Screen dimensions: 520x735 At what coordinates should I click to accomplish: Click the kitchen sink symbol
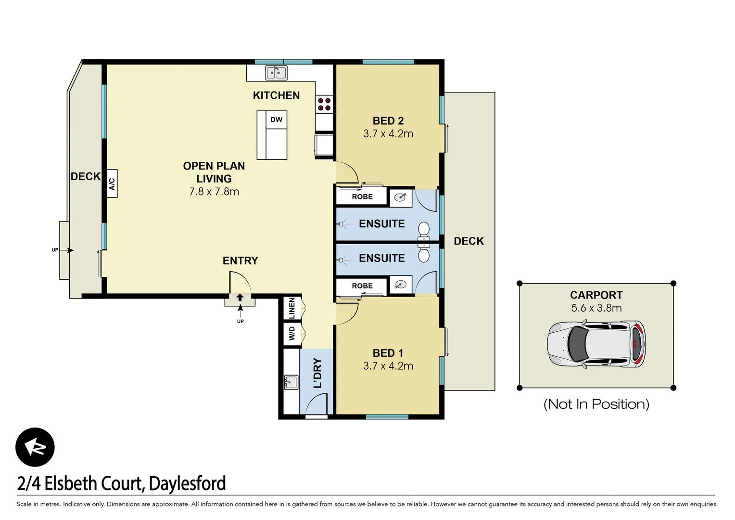276,73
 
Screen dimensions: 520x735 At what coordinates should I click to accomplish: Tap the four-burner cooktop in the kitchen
324,104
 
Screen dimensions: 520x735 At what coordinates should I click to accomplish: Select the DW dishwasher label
276,120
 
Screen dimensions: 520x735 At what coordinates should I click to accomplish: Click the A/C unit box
112,183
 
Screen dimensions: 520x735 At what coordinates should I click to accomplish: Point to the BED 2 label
388,121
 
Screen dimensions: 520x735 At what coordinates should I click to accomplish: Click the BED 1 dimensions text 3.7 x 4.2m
388,366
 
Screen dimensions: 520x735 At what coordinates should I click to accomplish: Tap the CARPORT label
596,295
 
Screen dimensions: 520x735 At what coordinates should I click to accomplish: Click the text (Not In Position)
596,404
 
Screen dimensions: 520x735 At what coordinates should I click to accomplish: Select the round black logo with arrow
35,447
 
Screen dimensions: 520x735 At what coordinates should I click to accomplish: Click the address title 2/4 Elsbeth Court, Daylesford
121,483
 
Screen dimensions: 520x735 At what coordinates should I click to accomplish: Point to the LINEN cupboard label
291,308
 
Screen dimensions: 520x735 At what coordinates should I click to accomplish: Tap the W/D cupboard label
291,334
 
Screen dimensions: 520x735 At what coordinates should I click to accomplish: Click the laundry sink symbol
291,382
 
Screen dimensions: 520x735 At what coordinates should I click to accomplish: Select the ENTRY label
240,261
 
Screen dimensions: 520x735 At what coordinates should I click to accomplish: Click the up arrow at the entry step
240,299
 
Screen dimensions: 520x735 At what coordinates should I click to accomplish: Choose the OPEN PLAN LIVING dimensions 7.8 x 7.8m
214,192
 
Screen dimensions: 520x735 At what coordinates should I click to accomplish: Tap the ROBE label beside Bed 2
362,197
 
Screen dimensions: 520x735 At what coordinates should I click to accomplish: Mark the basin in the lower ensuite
400,285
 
